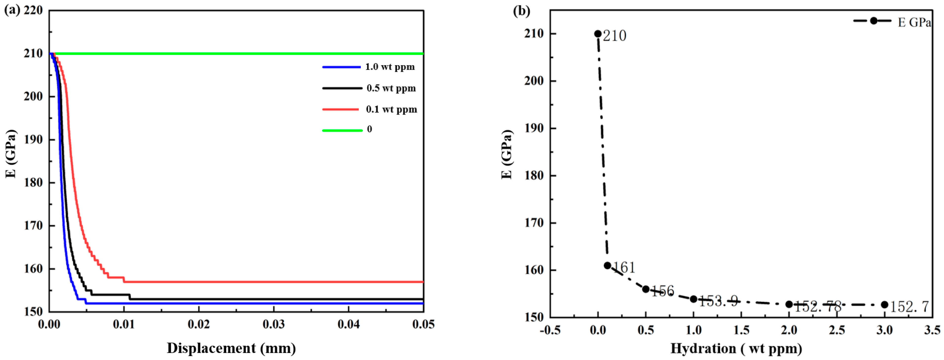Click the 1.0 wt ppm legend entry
coord(390,67)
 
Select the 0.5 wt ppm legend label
coord(391,88)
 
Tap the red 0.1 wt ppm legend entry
coord(391,110)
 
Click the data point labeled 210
coord(598,34)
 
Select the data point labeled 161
coord(607,265)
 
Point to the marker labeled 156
coord(646,289)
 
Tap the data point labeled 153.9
coord(693,299)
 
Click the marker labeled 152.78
coord(789,304)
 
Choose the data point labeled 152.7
coord(884,305)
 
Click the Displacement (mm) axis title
coord(231,348)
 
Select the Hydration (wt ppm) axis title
coord(736,348)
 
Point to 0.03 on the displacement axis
coord(273,324)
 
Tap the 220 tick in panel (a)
coord(33,10)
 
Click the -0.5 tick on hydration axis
coord(550,330)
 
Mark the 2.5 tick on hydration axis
coord(837,330)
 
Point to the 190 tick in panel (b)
coord(534,128)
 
